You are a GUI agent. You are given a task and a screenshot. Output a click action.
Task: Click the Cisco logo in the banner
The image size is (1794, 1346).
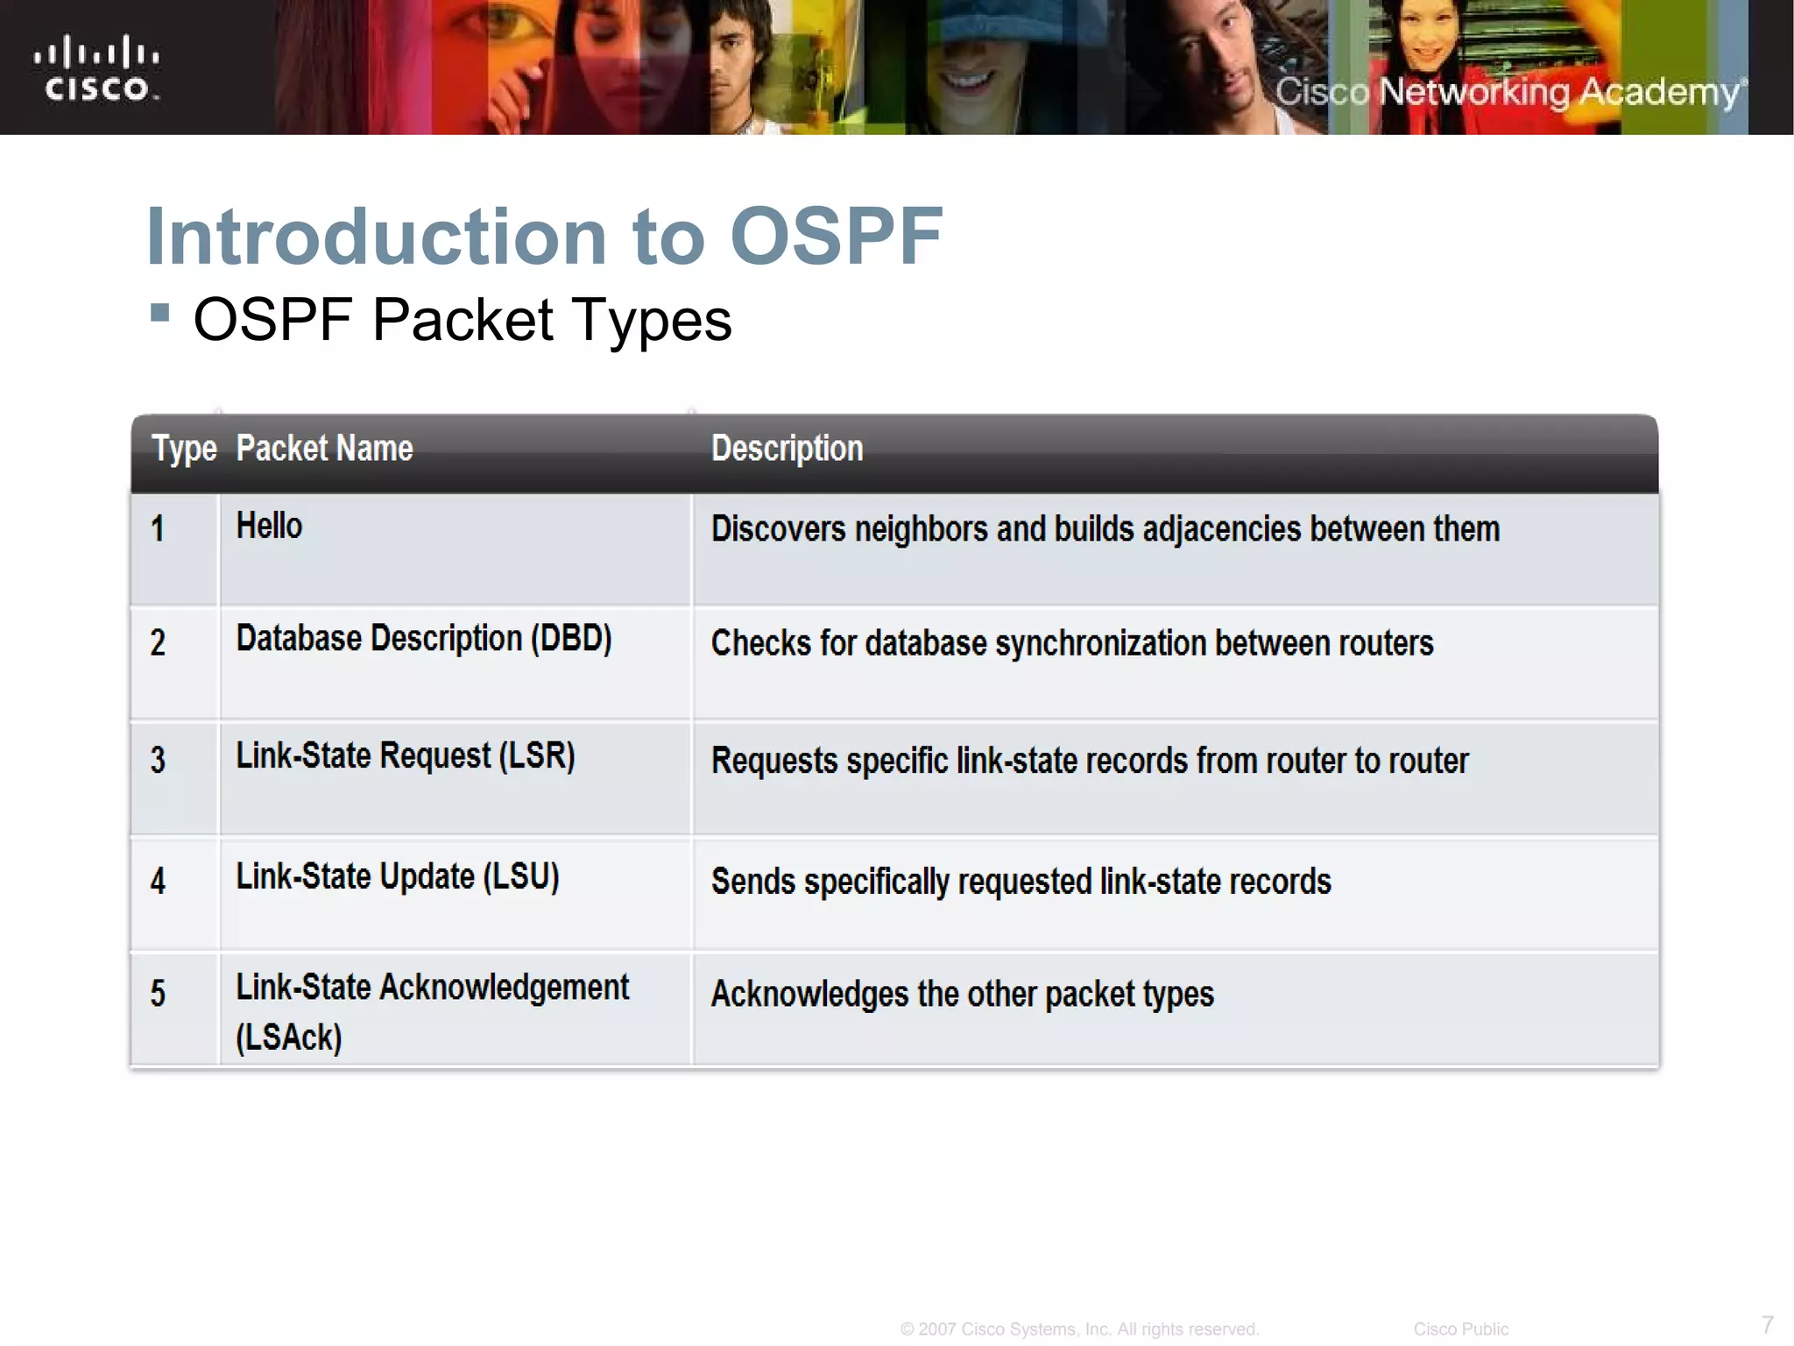click(96, 68)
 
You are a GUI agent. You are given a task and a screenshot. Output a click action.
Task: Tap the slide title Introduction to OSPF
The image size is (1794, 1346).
click(544, 236)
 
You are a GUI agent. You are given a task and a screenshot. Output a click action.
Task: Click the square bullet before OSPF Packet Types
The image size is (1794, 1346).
click(159, 313)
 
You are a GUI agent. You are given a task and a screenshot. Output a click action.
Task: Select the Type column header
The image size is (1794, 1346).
click(184, 449)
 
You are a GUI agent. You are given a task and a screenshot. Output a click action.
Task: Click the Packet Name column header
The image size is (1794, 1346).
click(324, 449)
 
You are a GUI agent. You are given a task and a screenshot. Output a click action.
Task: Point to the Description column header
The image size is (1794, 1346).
click(787, 449)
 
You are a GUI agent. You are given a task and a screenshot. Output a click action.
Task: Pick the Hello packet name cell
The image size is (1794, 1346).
click(269, 526)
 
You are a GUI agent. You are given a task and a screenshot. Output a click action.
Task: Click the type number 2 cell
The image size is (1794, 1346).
click(158, 642)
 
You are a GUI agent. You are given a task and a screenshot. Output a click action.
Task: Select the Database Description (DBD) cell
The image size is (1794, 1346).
click(424, 639)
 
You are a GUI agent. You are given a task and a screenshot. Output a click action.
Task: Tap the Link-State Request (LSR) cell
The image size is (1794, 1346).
click(406, 756)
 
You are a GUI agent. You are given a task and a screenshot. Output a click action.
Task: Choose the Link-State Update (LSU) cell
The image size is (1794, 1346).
click(398, 876)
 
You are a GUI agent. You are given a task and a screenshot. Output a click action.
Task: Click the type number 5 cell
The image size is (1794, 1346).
click(158, 994)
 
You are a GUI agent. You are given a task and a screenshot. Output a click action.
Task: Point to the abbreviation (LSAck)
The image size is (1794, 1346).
click(289, 1038)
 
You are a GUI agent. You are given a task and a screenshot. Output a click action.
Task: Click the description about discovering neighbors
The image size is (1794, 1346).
click(1105, 529)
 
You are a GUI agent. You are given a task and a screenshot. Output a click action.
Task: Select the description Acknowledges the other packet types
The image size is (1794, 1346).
click(962, 995)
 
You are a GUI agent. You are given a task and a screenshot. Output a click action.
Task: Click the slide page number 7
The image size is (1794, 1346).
click(1767, 1324)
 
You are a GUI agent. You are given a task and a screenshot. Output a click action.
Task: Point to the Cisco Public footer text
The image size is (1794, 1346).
click(1460, 1328)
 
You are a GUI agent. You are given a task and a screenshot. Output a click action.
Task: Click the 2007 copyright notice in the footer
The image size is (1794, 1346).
click(1079, 1328)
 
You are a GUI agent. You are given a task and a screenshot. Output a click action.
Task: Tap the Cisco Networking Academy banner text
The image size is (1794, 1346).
click(1508, 92)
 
